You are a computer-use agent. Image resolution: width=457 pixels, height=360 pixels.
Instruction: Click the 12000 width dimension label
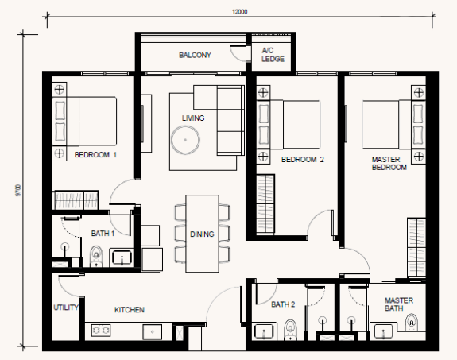click(x=239, y=12)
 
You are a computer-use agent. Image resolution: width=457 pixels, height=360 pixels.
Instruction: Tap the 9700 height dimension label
click(x=18, y=191)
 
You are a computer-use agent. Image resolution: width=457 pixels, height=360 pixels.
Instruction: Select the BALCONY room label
click(x=195, y=55)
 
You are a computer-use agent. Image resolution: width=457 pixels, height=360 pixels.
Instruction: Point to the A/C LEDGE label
click(x=273, y=55)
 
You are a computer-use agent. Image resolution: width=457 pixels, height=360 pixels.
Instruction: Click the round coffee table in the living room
click(x=185, y=140)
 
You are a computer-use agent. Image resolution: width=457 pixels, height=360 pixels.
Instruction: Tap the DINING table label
click(x=202, y=234)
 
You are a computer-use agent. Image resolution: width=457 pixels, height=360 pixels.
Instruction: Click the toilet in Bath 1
click(x=96, y=256)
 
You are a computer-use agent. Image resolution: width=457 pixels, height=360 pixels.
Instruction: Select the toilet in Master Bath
click(x=411, y=323)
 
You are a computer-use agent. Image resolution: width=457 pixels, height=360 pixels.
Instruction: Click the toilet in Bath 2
click(x=290, y=329)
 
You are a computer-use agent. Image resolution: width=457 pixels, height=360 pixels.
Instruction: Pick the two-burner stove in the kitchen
click(x=101, y=331)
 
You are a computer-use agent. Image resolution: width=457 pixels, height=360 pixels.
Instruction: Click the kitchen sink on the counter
click(x=152, y=331)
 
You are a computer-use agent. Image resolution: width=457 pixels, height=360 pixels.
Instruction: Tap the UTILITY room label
click(x=66, y=308)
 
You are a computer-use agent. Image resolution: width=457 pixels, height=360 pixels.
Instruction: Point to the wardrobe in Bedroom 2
click(x=265, y=204)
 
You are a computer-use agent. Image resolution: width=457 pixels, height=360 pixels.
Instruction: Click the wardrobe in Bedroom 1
click(x=76, y=199)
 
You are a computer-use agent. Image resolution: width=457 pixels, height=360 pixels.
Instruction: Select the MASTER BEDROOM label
click(x=389, y=164)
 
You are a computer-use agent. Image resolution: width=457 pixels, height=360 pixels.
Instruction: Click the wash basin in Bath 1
click(x=122, y=257)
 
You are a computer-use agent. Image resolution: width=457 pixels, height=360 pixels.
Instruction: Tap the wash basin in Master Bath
click(x=383, y=331)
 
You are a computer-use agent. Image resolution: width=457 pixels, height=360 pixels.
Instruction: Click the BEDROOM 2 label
click(x=303, y=160)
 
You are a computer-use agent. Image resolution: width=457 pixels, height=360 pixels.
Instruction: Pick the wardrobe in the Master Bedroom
click(x=416, y=247)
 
